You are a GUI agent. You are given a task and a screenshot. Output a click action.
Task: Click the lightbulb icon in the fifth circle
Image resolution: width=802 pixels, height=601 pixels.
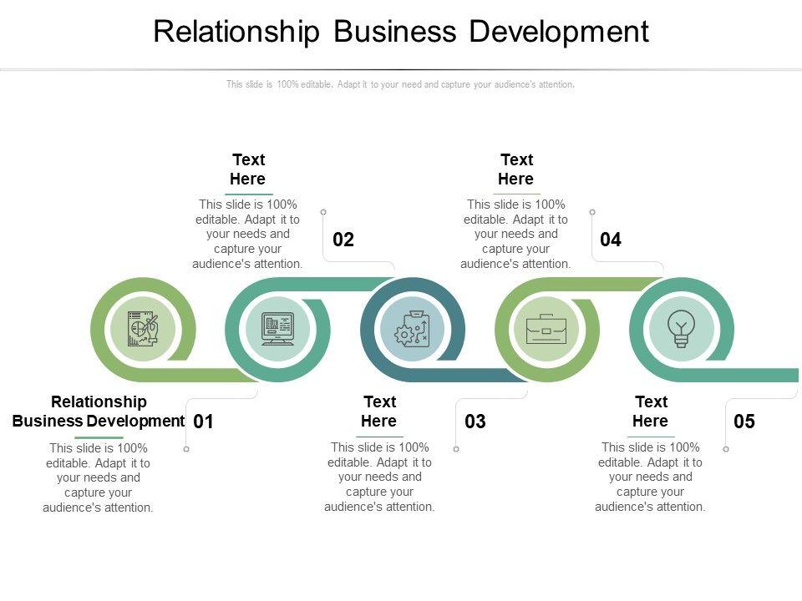tap(682, 329)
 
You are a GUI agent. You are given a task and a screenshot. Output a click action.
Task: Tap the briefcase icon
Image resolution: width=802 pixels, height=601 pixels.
tap(546, 329)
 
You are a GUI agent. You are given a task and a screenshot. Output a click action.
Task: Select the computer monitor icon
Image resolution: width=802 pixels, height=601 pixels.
tap(278, 329)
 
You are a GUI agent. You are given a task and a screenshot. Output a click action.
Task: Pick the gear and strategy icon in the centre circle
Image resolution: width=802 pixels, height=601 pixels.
tap(412, 329)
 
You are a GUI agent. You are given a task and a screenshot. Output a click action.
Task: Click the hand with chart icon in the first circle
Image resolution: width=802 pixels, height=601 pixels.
tap(143, 329)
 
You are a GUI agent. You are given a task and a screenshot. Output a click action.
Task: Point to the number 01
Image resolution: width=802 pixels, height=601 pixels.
tap(203, 422)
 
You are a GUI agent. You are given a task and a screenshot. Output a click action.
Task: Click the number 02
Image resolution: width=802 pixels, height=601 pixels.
tap(343, 240)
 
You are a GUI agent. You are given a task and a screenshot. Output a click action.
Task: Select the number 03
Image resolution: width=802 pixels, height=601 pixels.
tap(475, 422)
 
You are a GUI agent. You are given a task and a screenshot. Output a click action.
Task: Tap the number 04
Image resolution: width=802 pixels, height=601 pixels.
tap(611, 240)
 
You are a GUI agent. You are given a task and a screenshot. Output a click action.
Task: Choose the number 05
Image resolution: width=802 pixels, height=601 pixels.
tap(744, 422)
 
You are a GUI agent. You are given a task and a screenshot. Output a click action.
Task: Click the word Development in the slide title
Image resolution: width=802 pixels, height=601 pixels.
tap(558, 32)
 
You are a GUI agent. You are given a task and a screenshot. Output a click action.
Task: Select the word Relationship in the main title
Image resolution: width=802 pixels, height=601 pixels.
tap(236, 32)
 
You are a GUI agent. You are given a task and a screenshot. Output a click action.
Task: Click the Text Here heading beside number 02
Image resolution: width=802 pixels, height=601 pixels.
tap(248, 169)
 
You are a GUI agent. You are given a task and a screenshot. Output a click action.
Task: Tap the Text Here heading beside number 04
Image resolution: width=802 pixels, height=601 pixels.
tap(516, 169)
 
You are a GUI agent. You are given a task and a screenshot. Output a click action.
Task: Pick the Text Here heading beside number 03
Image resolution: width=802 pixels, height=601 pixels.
tap(379, 412)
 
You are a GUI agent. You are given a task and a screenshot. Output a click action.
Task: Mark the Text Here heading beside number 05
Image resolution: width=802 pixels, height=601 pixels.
tap(651, 412)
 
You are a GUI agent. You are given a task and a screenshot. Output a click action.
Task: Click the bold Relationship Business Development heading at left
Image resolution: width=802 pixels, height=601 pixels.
tap(99, 412)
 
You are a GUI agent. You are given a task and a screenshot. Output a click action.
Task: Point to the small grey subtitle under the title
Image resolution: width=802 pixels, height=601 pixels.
tap(400, 84)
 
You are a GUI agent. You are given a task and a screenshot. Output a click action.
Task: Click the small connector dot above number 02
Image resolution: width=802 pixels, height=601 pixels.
tap(323, 212)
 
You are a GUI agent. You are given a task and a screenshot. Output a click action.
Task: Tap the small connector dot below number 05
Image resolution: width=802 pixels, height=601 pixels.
tap(726, 450)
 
